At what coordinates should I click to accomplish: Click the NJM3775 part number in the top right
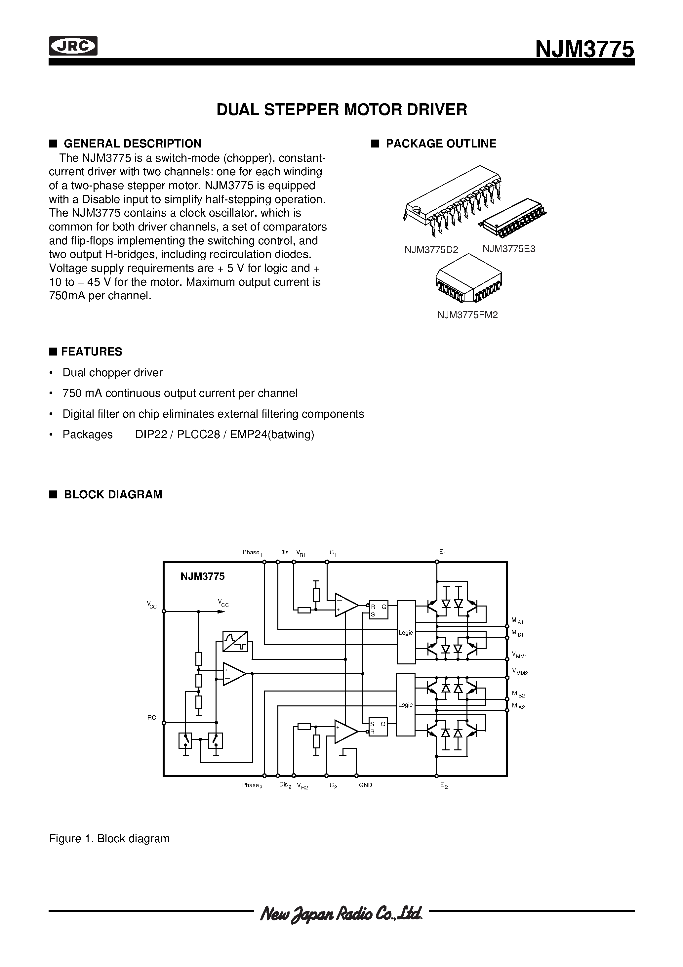click(584, 50)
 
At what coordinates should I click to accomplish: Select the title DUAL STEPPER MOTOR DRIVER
click(341, 109)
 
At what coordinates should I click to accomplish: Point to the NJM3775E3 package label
click(509, 248)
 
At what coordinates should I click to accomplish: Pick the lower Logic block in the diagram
click(406, 705)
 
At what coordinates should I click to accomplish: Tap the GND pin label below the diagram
click(366, 785)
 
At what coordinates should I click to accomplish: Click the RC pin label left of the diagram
click(152, 718)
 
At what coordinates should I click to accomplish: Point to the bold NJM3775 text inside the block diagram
click(203, 576)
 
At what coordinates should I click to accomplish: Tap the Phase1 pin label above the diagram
click(252, 553)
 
